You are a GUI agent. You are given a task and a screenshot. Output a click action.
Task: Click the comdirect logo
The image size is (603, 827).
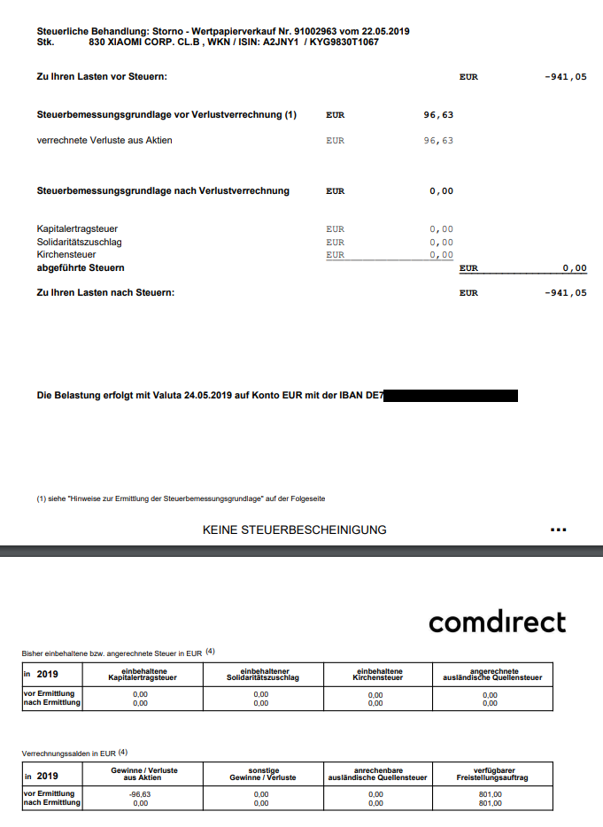(497, 622)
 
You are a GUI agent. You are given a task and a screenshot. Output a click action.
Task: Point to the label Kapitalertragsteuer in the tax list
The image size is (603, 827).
(77, 229)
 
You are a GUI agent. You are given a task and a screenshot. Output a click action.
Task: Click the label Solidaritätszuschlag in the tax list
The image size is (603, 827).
(79, 242)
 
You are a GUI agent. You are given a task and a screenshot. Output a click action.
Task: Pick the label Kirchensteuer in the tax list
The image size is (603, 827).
(67, 254)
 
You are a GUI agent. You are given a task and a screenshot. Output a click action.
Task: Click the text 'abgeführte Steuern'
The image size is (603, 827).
(81, 267)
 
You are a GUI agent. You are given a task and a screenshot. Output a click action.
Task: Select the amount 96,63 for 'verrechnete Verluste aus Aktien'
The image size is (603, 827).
(438, 141)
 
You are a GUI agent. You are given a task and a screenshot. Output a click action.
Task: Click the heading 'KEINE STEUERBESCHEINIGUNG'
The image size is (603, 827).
(295, 530)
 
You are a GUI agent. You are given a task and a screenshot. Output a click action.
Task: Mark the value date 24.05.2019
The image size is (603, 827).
(208, 397)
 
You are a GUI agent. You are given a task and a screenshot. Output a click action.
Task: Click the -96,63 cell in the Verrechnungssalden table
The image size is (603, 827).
(140, 794)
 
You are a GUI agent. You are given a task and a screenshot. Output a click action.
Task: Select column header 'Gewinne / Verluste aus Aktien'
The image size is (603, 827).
(144, 774)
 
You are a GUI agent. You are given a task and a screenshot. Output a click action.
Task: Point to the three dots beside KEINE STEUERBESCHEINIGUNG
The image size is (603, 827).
(558, 530)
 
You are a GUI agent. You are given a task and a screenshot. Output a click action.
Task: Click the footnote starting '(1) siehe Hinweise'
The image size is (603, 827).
(187, 499)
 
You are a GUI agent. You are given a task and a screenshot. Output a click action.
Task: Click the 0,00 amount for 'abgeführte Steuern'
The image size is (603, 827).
(574, 268)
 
